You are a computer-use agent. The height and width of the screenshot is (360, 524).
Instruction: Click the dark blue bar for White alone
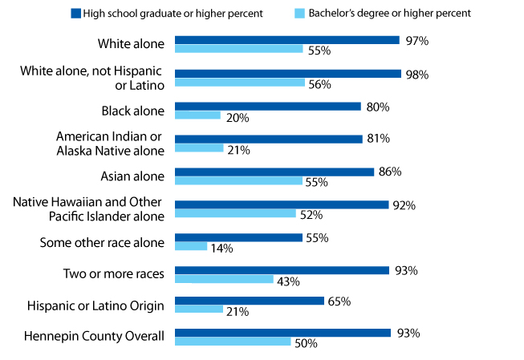tap(286, 40)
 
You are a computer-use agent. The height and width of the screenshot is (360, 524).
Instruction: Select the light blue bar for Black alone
tap(197, 115)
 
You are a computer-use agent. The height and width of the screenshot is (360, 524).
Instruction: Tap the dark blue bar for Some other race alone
tap(238, 238)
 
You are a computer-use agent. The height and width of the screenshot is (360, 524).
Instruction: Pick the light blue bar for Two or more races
tap(224, 280)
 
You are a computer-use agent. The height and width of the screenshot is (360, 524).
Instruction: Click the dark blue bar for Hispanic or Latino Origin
tap(249, 301)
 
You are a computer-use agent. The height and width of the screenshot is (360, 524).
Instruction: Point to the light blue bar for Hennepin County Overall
tap(232, 342)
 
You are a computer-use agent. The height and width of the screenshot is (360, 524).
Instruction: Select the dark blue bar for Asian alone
tap(274, 172)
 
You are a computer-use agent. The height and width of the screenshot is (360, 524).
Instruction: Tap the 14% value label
tap(221, 249)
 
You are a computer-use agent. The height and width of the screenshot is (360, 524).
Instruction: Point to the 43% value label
tap(288, 281)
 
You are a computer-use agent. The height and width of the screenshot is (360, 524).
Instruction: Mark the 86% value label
tap(389, 172)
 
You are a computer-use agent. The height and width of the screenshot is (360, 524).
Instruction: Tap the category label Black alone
tap(131, 110)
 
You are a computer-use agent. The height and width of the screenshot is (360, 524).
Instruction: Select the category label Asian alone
tap(131, 176)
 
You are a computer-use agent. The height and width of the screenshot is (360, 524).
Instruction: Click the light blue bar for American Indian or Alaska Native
tap(199, 148)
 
